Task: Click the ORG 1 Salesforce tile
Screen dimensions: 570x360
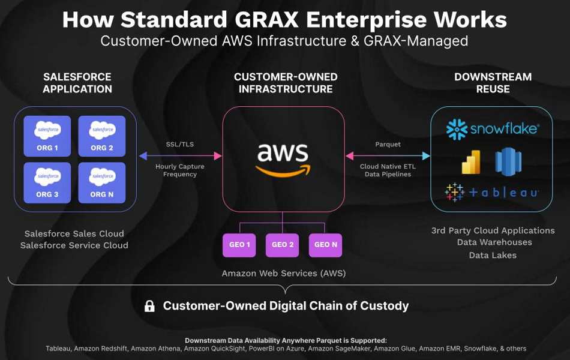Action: tap(47, 136)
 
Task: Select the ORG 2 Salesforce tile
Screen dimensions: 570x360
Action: tap(102, 136)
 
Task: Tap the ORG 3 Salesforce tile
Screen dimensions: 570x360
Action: tap(47, 182)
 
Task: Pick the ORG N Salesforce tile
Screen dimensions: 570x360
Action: tap(102, 182)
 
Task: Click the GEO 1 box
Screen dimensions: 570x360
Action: tap(239, 245)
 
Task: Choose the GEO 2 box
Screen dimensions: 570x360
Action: tap(283, 245)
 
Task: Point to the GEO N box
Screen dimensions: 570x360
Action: tap(325, 245)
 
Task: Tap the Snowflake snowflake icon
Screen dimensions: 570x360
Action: tap(457, 129)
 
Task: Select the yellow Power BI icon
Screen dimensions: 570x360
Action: tap(471, 162)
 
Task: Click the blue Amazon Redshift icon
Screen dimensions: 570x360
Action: tap(508, 162)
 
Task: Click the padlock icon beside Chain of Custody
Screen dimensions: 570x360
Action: tap(149, 306)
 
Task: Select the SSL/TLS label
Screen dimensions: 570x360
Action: tap(180, 145)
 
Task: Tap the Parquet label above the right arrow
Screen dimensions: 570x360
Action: tap(388, 145)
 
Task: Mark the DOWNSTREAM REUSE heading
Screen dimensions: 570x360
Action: tap(493, 83)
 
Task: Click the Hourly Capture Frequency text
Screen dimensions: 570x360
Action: tap(180, 170)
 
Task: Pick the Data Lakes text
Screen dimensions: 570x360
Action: tap(493, 255)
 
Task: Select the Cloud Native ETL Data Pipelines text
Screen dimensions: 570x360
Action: tap(388, 170)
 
